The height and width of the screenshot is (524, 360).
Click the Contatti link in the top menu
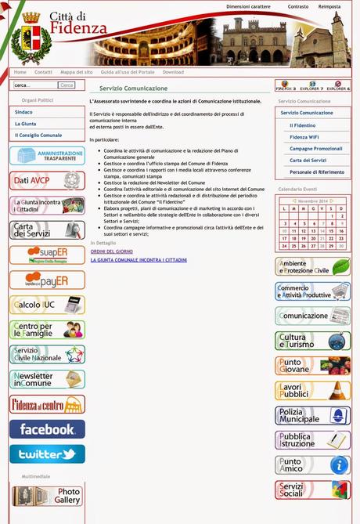tap(43, 72)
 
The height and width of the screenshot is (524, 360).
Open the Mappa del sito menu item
tap(77, 72)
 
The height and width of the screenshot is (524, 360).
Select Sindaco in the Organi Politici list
tap(24, 112)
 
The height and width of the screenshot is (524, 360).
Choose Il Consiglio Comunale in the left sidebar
tap(38, 135)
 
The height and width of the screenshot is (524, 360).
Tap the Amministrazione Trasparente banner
tap(47, 155)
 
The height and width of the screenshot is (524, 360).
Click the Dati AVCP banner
tap(47, 181)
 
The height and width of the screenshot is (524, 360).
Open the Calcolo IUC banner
tap(47, 305)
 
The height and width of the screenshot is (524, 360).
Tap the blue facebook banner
tap(47, 429)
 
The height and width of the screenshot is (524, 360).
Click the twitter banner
tap(47, 454)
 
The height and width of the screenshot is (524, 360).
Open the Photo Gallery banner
tap(47, 496)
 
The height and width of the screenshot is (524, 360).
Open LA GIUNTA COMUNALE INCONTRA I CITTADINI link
tap(139, 259)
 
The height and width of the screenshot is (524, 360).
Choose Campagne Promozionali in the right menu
tap(316, 148)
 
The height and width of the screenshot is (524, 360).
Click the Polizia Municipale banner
tap(312, 415)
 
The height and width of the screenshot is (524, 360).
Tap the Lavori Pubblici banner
tap(312, 390)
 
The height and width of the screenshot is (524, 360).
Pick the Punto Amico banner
tap(312, 465)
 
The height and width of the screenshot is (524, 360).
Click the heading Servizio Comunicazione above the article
tap(133, 89)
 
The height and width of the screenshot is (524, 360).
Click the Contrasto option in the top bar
tap(298, 6)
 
